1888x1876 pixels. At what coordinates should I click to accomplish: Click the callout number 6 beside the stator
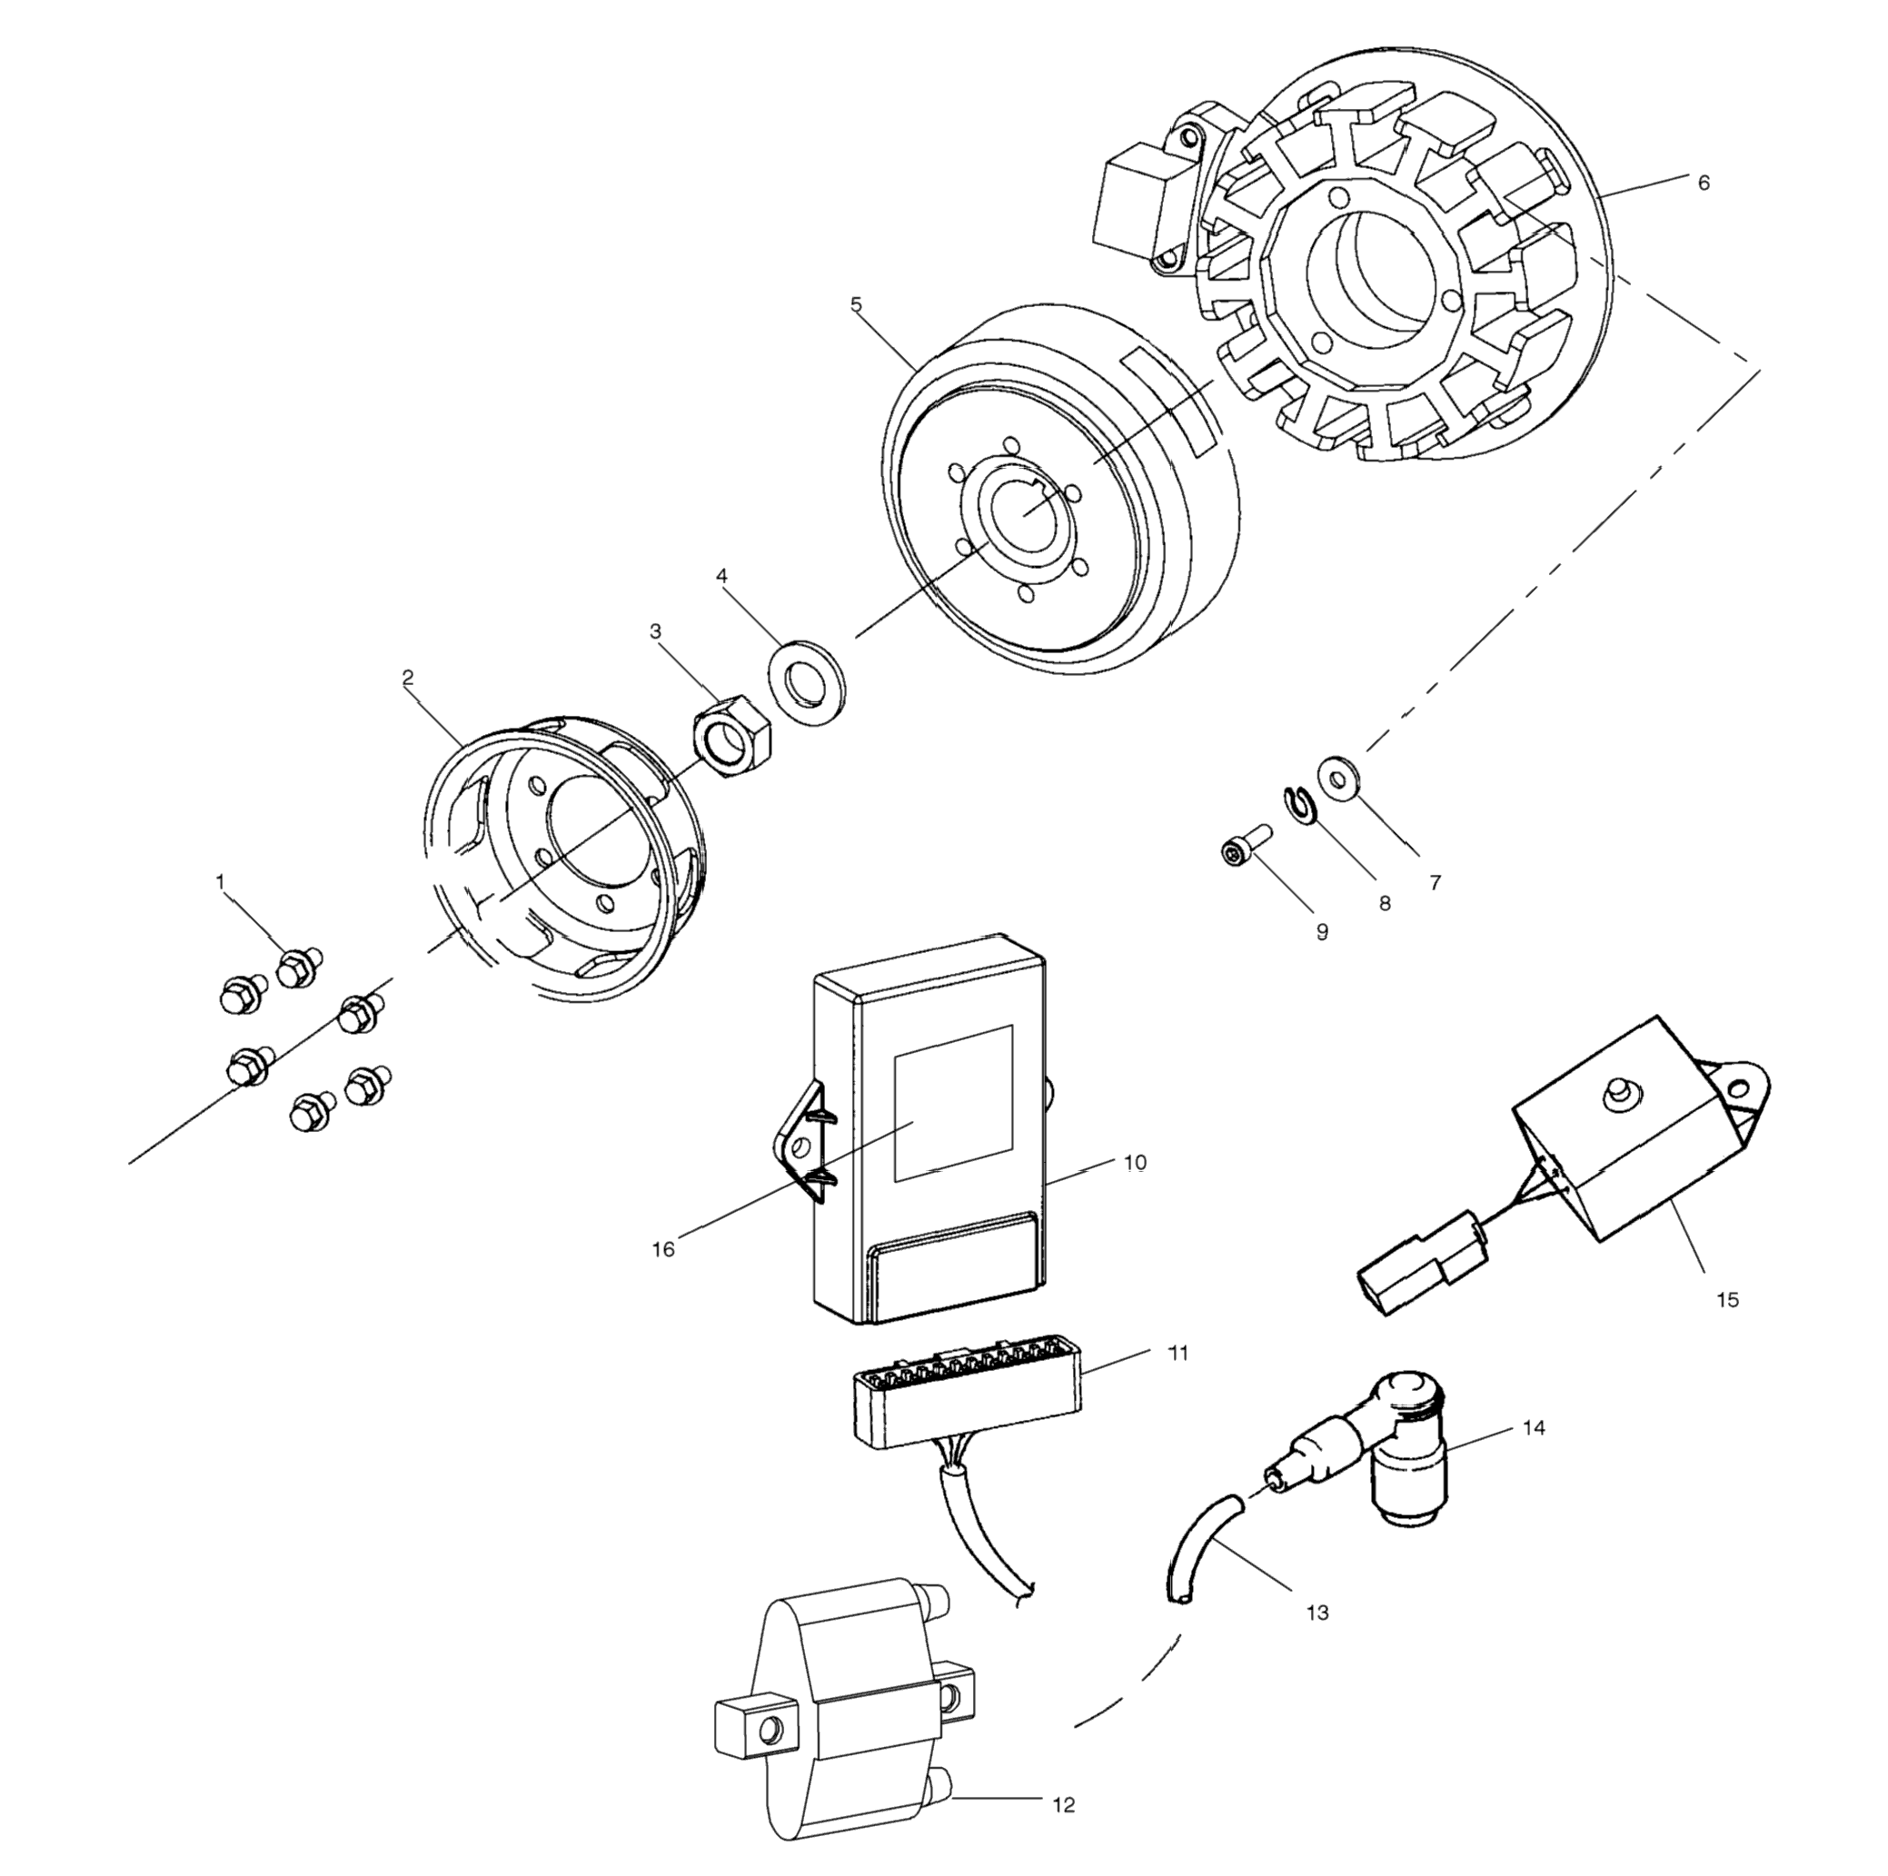click(1704, 183)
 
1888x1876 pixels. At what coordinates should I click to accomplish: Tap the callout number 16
click(663, 1249)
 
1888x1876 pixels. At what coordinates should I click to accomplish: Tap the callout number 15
click(1727, 1299)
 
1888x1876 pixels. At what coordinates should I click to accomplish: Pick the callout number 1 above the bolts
click(220, 881)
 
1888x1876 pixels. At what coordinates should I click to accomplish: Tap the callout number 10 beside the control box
click(1135, 1163)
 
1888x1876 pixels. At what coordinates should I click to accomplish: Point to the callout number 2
click(408, 677)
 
